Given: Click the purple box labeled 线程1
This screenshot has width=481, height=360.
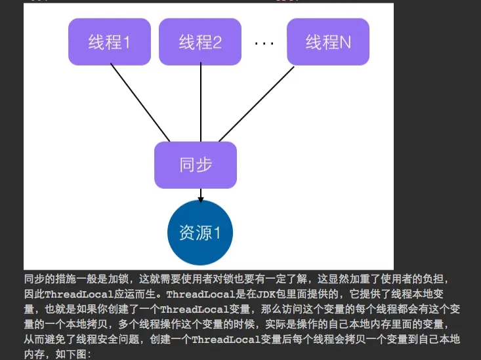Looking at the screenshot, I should pyautogui.click(x=110, y=42).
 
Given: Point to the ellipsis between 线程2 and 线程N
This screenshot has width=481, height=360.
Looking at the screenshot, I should pyautogui.click(x=264, y=43).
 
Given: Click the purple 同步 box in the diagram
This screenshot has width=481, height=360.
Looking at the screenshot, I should pyautogui.click(x=196, y=165).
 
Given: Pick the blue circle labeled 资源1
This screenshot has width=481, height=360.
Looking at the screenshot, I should pyautogui.click(x=200, y=233).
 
